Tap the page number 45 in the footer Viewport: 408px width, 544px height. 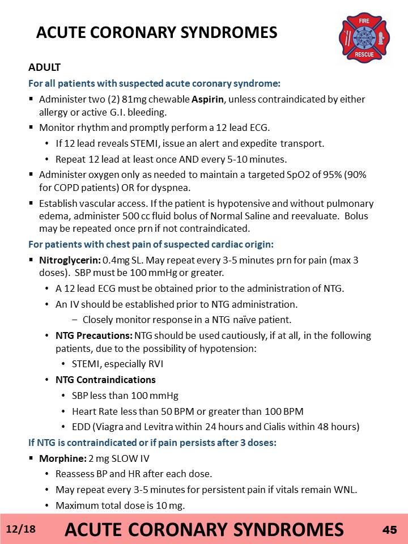(x=389, y=529)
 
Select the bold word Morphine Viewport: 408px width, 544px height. (x=58, y=458)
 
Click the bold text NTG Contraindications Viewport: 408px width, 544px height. (x=105, y=380)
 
